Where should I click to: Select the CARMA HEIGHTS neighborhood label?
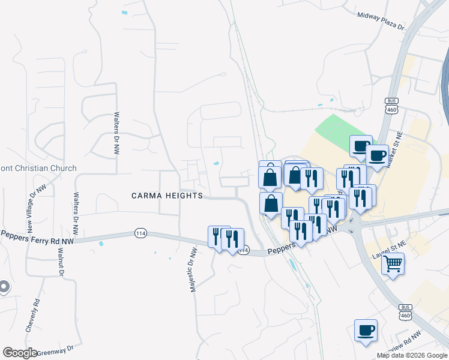(x=167, y=196)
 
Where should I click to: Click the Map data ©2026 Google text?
(x=412, y=355)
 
